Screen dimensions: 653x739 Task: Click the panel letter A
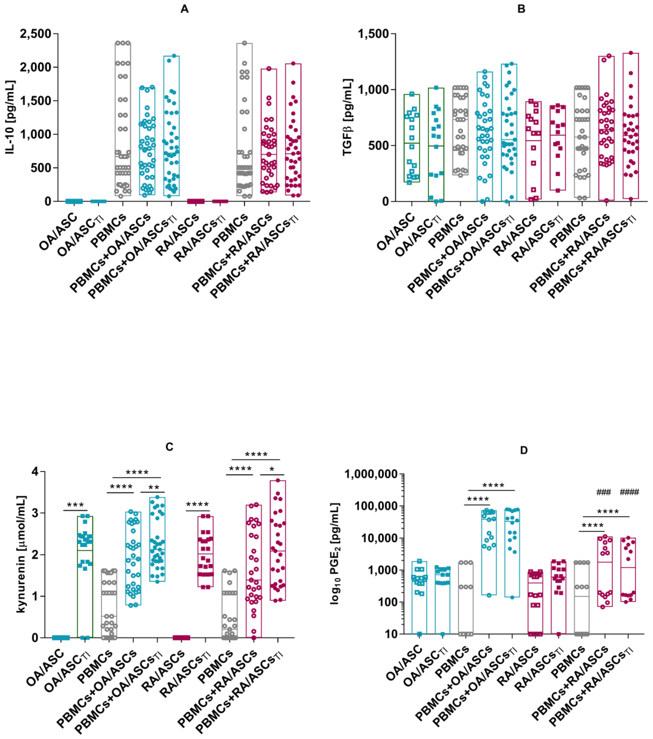(184, 9)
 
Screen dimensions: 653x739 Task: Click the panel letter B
(521, 9)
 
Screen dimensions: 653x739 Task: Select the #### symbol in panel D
(629, 492)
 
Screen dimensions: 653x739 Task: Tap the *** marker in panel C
(76, 505)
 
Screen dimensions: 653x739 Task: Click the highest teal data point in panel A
(174, 56)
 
